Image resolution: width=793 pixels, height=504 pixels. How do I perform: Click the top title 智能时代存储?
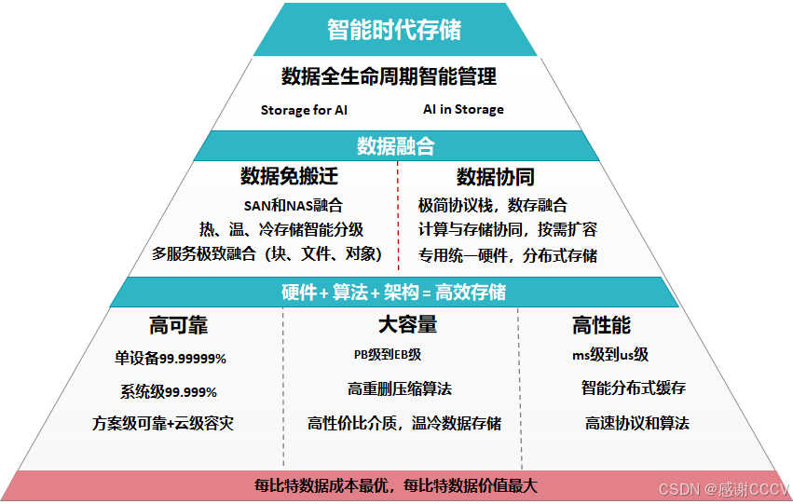coord(394,29)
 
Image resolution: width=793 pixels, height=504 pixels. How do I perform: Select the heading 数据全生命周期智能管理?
coord(389,76)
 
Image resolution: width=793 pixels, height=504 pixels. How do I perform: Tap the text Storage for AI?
coord(304,110)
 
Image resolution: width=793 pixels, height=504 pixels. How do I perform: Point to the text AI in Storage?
coord(463,109)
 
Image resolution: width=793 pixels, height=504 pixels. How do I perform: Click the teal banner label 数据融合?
coord(395,146)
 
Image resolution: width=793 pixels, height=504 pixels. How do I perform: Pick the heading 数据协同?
coord(495,177)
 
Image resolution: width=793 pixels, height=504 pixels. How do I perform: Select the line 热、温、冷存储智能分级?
coord(281,229)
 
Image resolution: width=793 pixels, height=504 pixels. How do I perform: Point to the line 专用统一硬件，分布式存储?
coord(508,254)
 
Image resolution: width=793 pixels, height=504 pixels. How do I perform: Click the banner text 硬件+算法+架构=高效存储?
coord(393,292)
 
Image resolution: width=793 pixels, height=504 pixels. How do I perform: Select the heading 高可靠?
coord(179,325)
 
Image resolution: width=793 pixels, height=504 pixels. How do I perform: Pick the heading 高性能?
coord(601,325)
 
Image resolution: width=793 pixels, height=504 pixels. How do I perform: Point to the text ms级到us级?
coord(610,355)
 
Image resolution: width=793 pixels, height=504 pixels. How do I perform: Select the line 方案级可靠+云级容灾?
coord(163,423)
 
